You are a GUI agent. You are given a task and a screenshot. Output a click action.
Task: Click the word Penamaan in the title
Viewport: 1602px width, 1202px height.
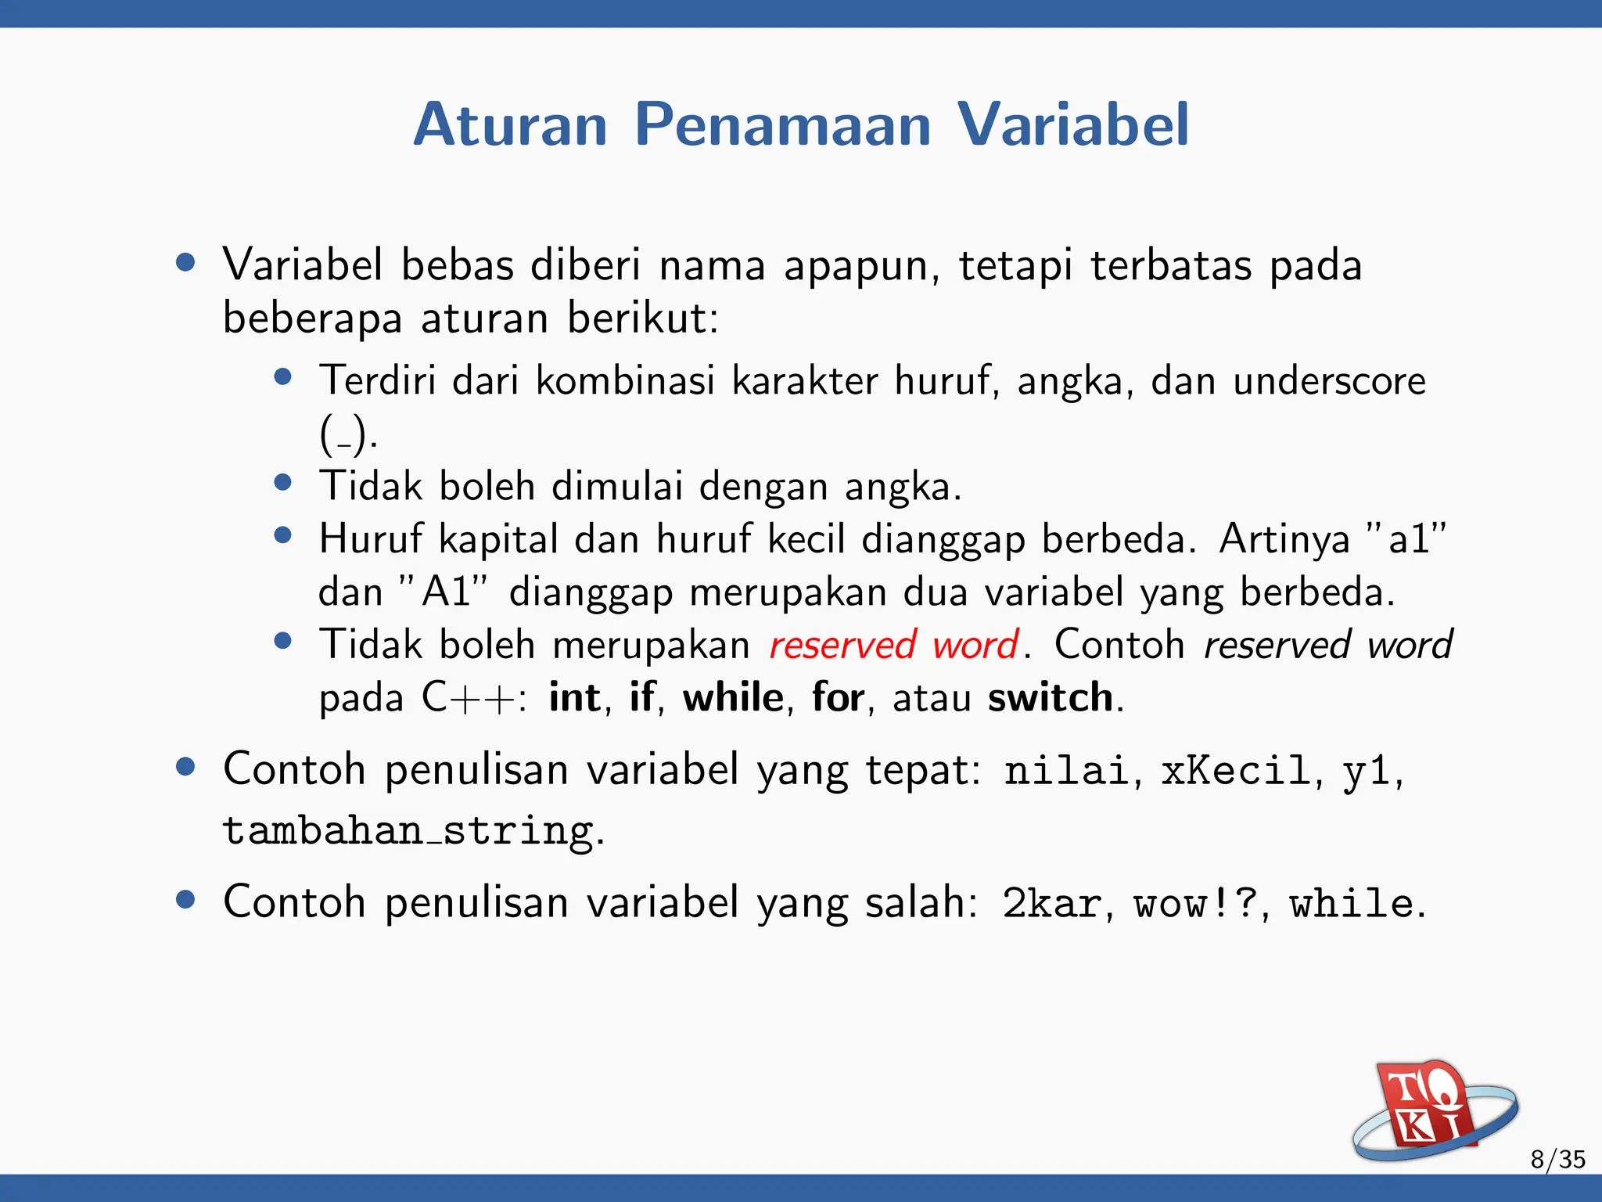pos(782,125)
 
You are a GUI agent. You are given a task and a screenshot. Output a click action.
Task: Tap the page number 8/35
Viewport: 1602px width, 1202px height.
pos(1557,1159)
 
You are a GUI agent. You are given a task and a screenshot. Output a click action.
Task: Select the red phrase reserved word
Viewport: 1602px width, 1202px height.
pos(893,646)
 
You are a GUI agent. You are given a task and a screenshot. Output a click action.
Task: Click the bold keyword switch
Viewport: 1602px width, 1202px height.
pos(1050,697)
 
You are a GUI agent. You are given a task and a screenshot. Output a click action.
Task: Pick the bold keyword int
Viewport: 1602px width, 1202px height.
pos(575,697)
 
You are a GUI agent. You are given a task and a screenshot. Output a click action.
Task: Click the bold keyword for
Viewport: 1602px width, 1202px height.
pos(838,697)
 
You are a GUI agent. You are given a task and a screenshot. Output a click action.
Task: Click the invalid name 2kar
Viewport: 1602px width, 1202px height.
pos(1052,904)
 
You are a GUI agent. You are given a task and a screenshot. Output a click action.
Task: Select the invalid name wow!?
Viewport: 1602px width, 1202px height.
pos(1195,904)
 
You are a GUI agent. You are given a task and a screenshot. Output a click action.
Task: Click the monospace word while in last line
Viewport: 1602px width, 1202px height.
pos(1351,904)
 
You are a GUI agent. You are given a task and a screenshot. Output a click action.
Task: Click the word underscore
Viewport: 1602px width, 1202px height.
pos(1329,382)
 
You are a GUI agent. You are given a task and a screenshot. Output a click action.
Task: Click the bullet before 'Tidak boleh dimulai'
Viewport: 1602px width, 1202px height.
pos(283,482)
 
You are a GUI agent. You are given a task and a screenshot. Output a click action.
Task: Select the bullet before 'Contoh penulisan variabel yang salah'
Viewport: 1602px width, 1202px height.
pos(185,899)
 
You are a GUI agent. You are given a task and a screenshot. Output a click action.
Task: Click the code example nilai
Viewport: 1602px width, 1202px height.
pos(1065,771)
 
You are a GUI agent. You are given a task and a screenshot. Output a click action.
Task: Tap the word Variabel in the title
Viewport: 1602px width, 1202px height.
pos(1072,125)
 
